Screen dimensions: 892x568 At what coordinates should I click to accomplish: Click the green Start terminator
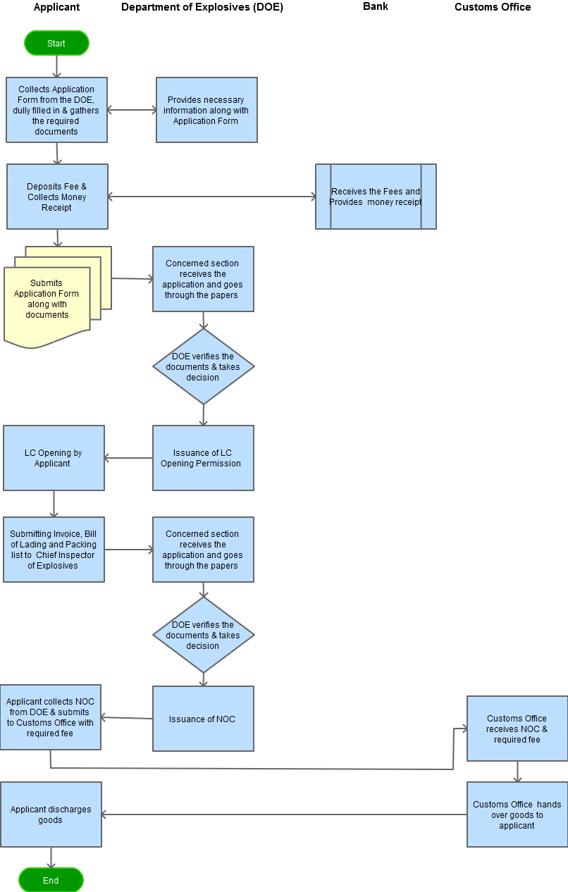(x=56, y=43)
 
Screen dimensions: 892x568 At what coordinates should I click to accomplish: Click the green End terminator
(x=51, y=880)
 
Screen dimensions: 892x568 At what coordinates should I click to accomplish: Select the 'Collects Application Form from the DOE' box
(x=56, y=110)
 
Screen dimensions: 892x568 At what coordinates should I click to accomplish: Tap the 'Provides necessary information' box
(x=206, y=110)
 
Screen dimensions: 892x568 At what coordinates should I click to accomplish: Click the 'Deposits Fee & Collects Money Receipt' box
(x=57, y=197)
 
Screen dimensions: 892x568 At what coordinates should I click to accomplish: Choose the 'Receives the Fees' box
(x=376, y=197)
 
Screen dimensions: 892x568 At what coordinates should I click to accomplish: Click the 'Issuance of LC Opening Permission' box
(x=203, y=458)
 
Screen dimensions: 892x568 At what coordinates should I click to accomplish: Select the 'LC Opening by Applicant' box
(x=54, y=458)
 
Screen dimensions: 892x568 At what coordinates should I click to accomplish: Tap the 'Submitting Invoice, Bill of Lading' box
(x=54, y=550)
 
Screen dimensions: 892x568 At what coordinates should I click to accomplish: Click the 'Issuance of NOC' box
(x=203, y=719)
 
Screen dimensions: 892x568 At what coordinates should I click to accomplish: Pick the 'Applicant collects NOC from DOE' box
(x=50, y=717)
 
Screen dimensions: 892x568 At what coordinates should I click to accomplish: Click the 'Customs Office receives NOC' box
(x=517, y=729)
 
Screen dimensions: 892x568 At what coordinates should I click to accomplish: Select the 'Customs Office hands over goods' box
(x=517, y=814)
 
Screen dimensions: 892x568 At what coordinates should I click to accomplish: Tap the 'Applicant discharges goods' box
(x=51, y=814)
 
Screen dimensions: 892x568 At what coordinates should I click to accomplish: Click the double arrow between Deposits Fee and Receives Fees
(x=211, y=197)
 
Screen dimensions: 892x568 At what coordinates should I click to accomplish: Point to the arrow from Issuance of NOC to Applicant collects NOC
(x=127, y=718)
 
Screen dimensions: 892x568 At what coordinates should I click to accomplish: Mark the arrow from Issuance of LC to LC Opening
(x=128, y=458)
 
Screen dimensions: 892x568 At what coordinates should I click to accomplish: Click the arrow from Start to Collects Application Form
(x=56, y=66)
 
